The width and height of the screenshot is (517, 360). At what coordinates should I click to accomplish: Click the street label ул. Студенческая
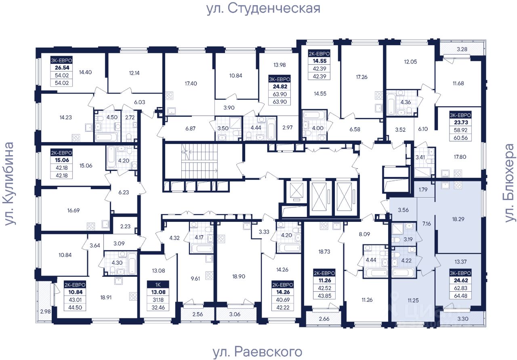point(263,8)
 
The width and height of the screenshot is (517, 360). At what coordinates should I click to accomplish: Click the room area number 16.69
point(76,210)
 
